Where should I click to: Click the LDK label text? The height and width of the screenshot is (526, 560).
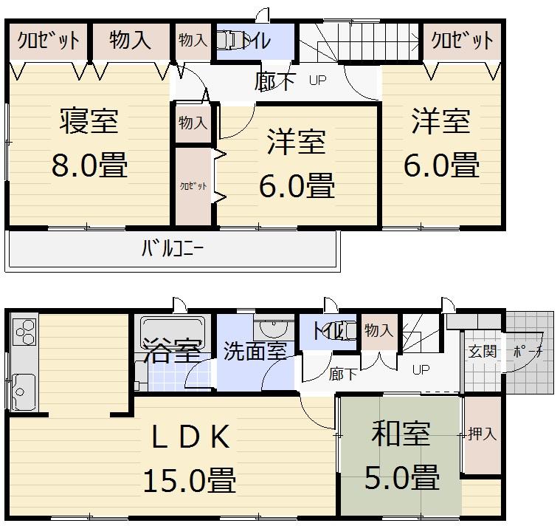[x=190, y=438]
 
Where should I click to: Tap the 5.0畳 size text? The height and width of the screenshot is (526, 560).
[x=402, y=477]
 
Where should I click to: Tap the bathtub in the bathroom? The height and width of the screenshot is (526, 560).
[x=172, y=329]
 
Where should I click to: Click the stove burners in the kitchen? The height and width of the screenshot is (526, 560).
[x=24, y=330]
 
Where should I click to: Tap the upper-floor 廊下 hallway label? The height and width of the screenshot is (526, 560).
[x=274, y=81]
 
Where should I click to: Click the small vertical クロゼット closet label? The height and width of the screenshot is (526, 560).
[x=193, y=186]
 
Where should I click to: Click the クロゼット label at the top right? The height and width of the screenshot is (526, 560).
[x=463, y=40]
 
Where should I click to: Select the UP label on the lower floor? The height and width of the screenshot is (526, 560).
[x=421, y=369]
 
